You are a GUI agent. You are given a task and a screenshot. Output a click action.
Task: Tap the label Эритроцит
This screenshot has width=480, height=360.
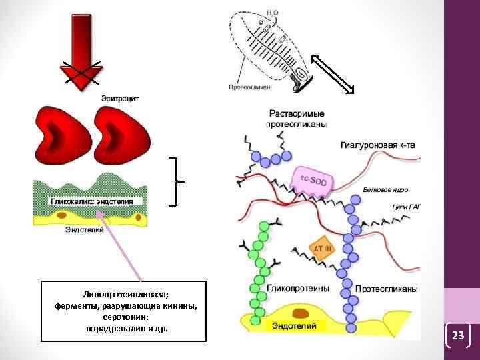[120, 98]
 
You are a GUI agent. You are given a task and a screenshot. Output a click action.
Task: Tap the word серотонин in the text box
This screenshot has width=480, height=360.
[125, 317]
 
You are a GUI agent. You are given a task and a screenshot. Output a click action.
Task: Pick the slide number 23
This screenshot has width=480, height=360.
[457, 335]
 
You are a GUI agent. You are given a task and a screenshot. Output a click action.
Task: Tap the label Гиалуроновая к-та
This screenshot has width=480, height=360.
[380, 144]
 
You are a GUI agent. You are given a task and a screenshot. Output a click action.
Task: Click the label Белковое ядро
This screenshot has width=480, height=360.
[385, 189]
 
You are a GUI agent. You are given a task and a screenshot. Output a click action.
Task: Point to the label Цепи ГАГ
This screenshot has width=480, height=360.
[406, 207]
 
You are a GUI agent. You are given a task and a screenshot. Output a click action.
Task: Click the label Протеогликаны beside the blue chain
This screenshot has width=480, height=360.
[386, 289]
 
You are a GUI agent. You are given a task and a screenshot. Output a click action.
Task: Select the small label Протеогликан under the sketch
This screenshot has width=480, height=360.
[249, 87]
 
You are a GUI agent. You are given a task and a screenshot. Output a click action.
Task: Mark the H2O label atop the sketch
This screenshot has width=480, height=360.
[273, 12]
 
